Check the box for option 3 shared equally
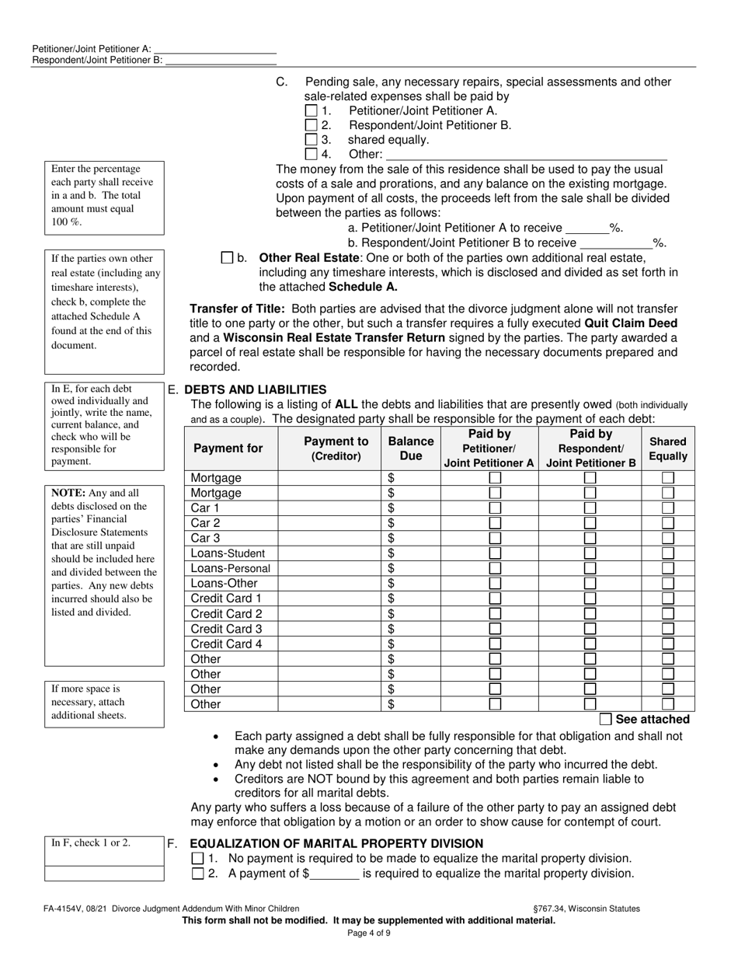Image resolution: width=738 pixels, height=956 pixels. pos(312,140)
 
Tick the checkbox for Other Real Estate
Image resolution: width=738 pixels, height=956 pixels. pos(228,257)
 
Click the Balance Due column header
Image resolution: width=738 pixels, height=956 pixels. pos(410,448)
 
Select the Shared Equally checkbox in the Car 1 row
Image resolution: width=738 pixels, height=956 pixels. pos(667,508)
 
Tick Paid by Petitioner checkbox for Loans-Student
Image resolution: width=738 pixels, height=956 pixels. pos(494,553)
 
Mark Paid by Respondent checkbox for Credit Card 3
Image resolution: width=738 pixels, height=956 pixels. pos(590,629)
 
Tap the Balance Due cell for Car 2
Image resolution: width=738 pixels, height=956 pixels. pos(411,523)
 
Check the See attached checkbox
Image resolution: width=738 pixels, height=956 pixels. pos(606,719)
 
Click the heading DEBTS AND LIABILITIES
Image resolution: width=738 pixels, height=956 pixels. pos(255,389)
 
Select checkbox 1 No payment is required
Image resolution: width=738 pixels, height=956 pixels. pos(197,859)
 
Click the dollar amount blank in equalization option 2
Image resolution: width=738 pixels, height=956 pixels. pos(334,874)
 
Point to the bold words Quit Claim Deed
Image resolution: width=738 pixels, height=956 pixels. pos(630,323)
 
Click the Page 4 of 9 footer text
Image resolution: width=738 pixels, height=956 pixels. pos(369,933)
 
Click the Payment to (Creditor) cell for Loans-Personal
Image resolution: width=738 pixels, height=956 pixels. pos(329,568)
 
